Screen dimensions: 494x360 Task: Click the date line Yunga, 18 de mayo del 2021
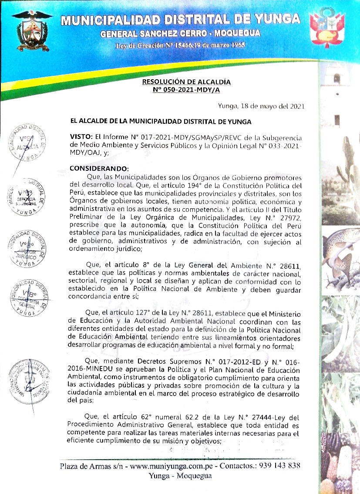tap(261, 106)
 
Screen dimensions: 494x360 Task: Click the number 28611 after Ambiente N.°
tap(288, 266)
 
